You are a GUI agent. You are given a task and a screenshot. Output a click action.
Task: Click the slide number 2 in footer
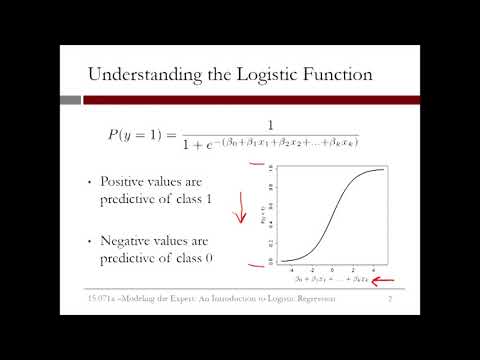click(390, 298)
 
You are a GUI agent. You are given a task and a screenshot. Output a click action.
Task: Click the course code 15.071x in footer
click(104, 298)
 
